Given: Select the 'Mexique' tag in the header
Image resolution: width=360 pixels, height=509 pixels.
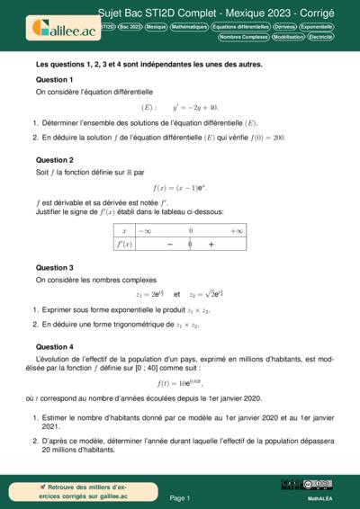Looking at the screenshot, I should [x=157, y=28].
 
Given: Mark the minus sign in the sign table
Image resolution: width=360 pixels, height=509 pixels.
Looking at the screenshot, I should [x=168, y=244].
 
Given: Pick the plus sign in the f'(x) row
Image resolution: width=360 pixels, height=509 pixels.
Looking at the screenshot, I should [x=211, y=244].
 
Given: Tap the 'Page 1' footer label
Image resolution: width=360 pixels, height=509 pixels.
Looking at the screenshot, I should [x=180, y=497].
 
